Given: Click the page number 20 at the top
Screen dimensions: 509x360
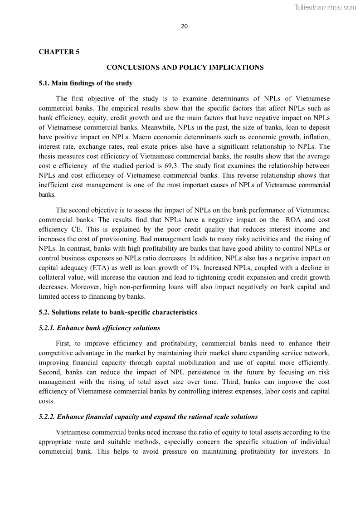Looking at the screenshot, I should (x=184, y=26).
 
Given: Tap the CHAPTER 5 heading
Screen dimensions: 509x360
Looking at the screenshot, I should (x=59, y=52).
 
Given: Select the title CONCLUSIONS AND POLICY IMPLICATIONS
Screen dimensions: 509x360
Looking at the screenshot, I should (x=185, y=67).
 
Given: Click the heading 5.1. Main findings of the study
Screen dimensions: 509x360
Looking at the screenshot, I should (x=86, y=83).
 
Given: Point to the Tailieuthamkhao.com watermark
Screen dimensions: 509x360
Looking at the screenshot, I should (x=325, y=7).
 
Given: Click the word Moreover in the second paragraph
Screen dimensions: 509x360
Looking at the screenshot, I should (x=85, y=287).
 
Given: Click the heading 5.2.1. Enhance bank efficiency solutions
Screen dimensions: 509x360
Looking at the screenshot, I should (x=99, y=328).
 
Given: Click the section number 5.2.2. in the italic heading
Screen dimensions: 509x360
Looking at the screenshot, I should (x=47, y=417).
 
